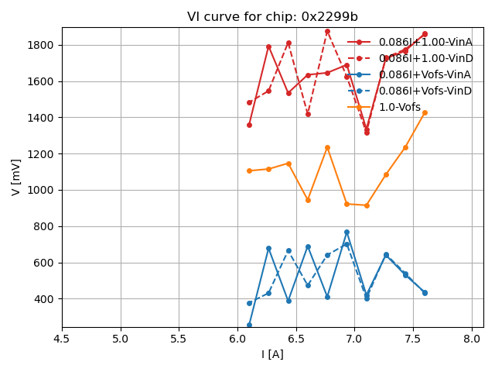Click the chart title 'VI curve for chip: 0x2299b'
[x=272, y=17]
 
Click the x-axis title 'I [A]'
[x=272, y=354]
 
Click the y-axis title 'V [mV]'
[x=16, y=177]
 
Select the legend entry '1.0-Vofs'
[x=400, y=108]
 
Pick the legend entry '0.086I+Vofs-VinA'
[x=425, y=74]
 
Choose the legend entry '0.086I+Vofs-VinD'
[x=425, y=91]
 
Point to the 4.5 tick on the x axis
[x=62, y=339]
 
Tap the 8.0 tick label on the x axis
[x=472, y=339]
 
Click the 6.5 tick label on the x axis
[x=296, y=339]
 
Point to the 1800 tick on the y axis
[x=40, y=45]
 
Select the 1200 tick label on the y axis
[x=40, y=154]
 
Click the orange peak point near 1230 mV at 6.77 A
[x=327, y=147]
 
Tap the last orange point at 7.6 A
[x=425, y=112]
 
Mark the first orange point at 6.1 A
[x=249, y=170]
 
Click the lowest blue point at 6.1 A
[x=249, y=325]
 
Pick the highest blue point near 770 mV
[x=346, y=232]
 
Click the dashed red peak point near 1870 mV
[x=327, y=32]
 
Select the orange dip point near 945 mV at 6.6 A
[x=308, y=200]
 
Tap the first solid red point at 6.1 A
[x=249, y=125]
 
